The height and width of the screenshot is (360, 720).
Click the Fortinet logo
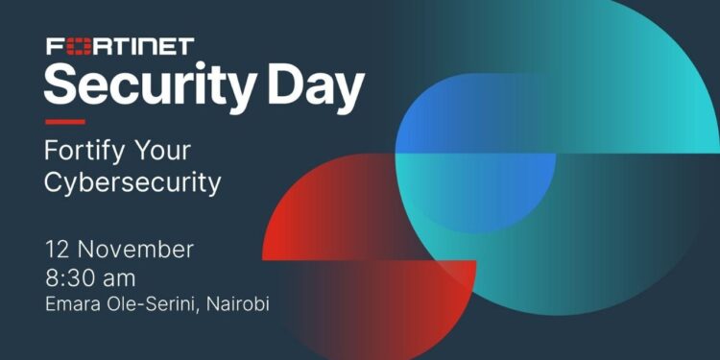click(119, 46)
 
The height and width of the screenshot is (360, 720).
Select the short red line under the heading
click(64, 122)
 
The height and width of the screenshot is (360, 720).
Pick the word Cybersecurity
click(132, 182)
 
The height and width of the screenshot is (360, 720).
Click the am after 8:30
click(121, 279)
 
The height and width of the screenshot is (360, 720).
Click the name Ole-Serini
click(155, 304)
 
